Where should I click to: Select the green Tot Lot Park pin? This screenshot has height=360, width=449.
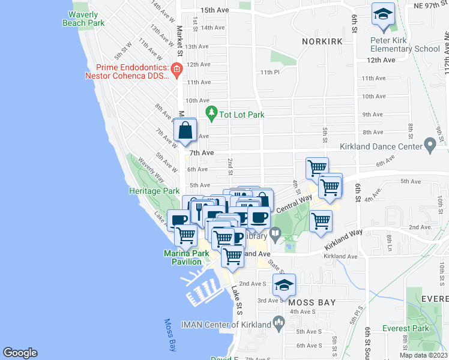(211, 112)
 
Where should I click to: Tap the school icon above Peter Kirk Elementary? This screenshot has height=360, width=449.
(382, 17)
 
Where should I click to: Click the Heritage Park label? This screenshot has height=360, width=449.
(154, 191)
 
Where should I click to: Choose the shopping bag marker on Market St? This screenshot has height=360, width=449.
(185, 131)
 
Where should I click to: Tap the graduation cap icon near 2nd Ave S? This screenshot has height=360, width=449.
(284, 285)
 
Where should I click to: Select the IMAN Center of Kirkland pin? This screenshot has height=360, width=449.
(279, 324)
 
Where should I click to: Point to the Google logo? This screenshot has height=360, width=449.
(20, 353)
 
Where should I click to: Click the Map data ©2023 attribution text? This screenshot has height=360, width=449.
(423, 355)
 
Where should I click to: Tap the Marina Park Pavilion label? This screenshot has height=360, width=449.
(187, 258)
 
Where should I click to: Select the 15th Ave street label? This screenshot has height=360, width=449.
(215, 10)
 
